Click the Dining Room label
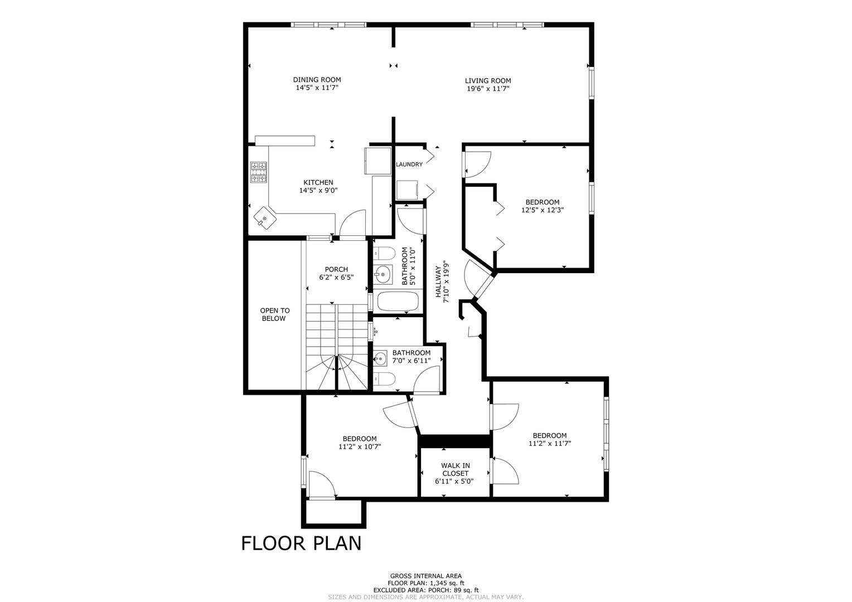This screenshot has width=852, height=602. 317,80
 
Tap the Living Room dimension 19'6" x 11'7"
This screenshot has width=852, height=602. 488,89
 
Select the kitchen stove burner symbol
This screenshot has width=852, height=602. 258,172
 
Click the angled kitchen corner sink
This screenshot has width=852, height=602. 265,218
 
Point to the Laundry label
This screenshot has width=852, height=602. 409,164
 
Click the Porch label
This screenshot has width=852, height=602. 336,270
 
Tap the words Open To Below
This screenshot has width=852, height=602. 275,314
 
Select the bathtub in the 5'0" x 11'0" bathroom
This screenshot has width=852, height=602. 398,301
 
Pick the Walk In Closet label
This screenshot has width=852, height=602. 456,469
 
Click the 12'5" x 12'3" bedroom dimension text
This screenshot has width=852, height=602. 543,210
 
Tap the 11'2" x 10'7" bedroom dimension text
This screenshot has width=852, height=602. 360,446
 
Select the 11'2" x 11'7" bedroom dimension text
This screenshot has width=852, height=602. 550,444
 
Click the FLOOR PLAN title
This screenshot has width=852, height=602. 301,543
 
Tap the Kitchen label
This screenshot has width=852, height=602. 318,182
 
